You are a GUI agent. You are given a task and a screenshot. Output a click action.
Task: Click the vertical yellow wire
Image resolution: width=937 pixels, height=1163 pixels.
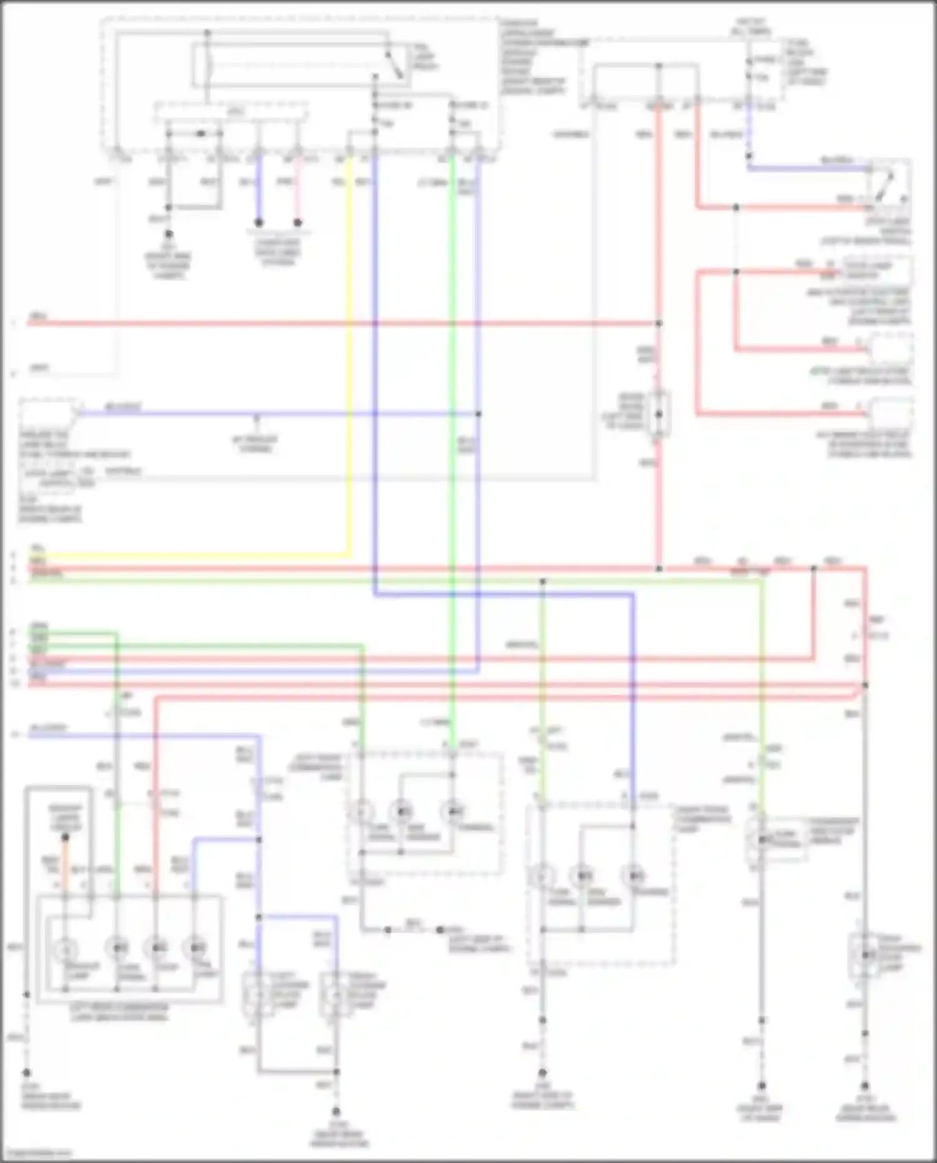coord(349,375)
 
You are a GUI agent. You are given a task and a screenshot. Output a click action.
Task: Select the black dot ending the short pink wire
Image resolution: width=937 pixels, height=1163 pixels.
coord(298,222)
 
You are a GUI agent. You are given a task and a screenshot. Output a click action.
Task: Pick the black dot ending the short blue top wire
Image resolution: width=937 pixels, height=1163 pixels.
coord(258,222)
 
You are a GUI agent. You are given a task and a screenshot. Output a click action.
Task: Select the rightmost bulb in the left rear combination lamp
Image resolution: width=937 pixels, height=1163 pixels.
coord(196,948)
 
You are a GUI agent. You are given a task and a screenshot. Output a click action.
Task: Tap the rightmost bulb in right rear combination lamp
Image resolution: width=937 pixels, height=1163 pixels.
coord(634,876)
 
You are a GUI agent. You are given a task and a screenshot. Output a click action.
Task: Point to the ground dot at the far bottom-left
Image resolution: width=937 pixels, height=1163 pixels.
coord(27,1072)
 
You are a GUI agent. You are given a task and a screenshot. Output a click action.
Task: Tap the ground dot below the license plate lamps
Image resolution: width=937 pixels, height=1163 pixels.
coord(335,1112)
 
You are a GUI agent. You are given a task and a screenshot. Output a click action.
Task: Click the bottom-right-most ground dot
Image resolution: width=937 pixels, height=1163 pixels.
coord(865,1086)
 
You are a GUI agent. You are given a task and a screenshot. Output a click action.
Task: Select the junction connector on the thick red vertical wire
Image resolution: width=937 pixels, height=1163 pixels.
coord(658,414)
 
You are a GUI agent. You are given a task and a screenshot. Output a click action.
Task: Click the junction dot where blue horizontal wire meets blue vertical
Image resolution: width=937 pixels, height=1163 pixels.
coord(478,414)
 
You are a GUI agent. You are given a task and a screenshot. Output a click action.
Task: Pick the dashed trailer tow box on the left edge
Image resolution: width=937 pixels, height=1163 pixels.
coord(50,415)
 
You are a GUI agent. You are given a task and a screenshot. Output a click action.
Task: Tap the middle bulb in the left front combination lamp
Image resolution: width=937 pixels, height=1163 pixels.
coord(402,812)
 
